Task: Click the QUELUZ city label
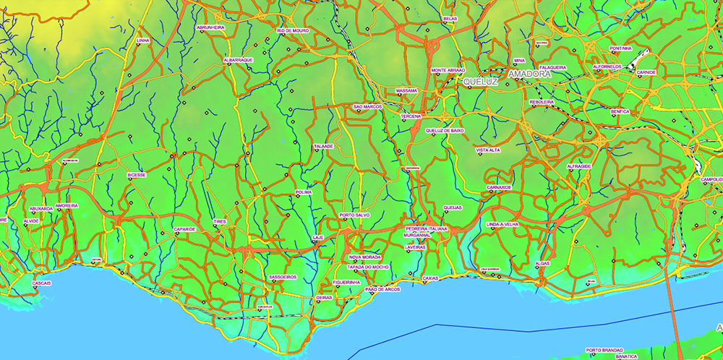point(481,82)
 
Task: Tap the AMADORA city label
point(529,74)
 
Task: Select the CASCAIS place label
point(42,283)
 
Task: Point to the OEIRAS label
point(324,298)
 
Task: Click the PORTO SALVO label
point(355,215)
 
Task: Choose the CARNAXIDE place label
point(499,187)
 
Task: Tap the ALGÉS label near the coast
point(542,264)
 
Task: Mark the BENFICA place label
point(620,112)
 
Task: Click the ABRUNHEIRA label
point(210,27)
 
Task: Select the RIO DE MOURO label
point(293,31)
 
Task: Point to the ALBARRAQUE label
point(238,60)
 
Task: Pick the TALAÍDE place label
point(323,146)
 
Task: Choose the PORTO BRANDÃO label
point(604,349)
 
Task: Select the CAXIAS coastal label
point(430,278)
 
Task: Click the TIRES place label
point(220,222)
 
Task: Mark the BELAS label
point(450,19)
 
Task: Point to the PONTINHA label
point(620,48)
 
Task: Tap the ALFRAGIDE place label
point(579,166)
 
